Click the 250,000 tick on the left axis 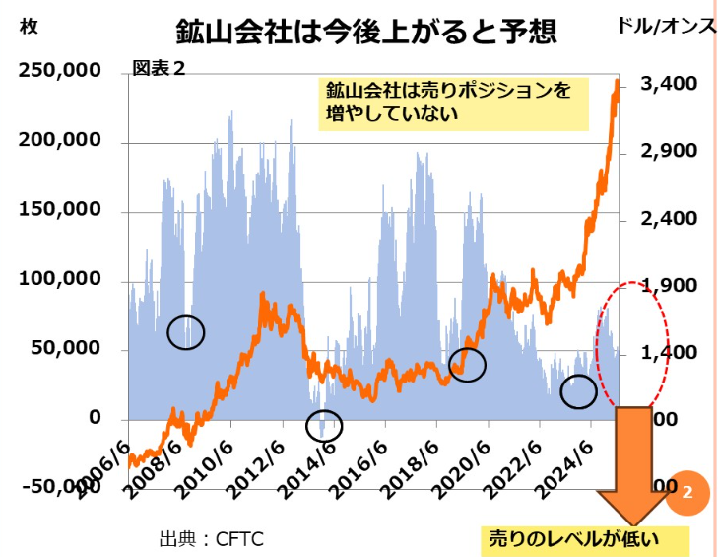pyautogui.click(x=60, y=71)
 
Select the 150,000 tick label pyautogui.click(x=60, y=210)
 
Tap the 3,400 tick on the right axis pyautogui.click(x=669, y=84)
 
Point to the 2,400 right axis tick pyautogui.click(x=669, y=218)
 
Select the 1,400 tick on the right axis pyautogui.click(x=669, y=352)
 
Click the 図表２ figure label pyautogui.click(x=159, y=69)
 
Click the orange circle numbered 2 pyautogui.click(x=687, y=490)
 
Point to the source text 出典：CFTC pyautogui.click(x=211, y=539)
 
